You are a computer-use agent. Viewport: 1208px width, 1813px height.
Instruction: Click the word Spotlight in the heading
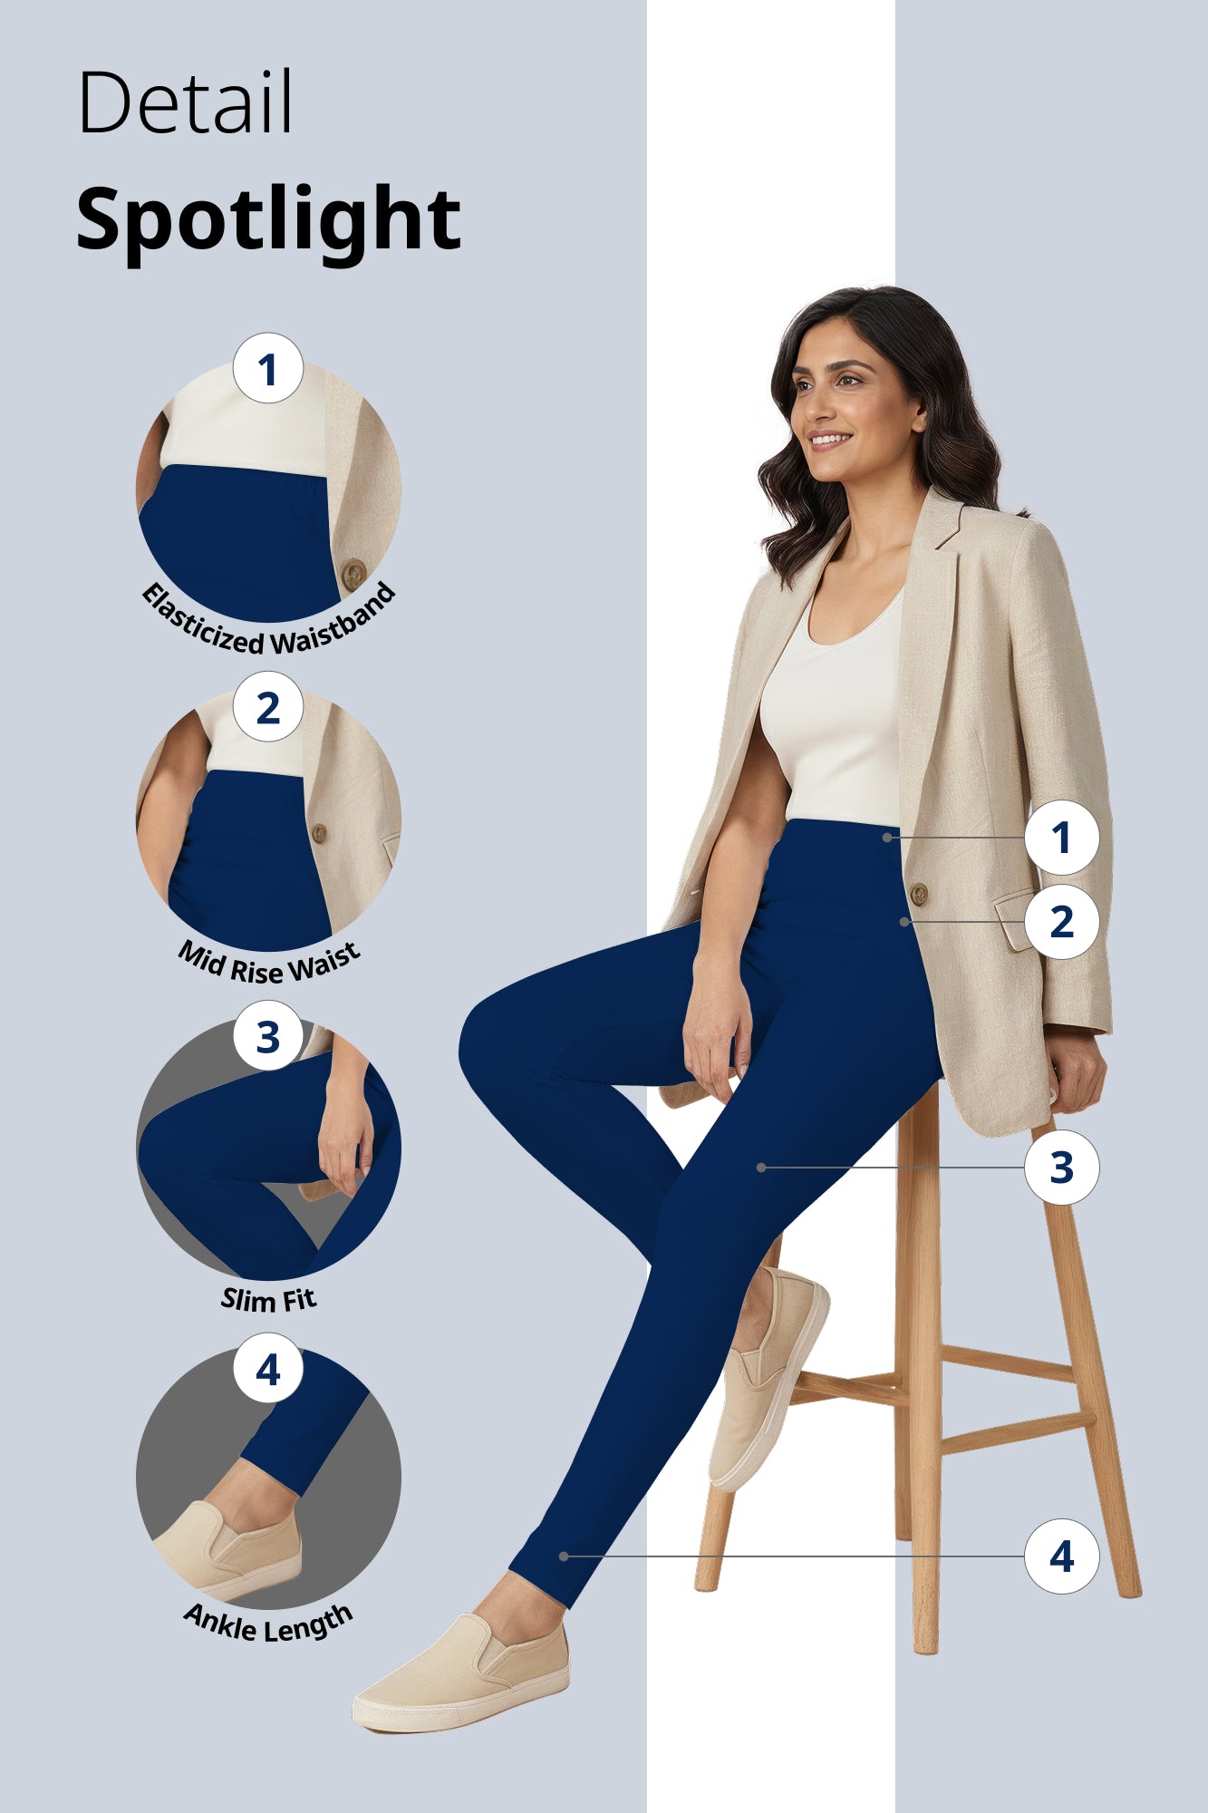pyautogui.click(x=268, y=220)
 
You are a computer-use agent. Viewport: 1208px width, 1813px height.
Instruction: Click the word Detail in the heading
pyautogui.click(x=185, y=102)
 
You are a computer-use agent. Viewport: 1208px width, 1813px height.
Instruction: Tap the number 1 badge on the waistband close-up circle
pyautogui.click(x=267, y=369)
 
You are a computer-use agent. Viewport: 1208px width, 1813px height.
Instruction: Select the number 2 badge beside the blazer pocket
pyautogui.click(x=1061, y=922)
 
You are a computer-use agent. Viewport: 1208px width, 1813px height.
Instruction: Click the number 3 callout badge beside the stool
pyautogui.click(x=1061, y=1168)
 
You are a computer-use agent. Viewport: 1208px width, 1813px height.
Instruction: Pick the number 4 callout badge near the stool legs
pyautogui.click(x=1061, y=1556)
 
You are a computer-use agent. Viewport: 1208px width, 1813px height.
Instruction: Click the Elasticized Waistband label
pyautogui.click(x=269, y=625)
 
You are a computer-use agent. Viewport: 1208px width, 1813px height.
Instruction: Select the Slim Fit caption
pyautogui.click(x=268, y=1300)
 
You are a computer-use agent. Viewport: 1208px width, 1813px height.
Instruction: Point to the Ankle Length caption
pyautogui.click(x=268, y=1624)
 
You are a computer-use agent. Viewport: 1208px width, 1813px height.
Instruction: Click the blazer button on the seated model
pyautogui.click(x=918, y=894)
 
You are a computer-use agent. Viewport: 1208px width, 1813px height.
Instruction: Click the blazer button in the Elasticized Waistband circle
pyautogui.click(x=353, y=573)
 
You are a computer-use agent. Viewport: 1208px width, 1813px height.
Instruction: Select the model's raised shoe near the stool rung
pyautogui.click(x=767, y=1378)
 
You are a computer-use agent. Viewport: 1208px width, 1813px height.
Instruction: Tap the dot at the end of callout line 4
pyautogui.click(x=564, y=1556)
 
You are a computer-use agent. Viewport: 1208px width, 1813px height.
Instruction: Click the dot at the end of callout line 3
pyautogui.click(x=761, y=1168)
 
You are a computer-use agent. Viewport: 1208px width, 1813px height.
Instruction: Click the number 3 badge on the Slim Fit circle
pyautogui.click(x=267, y=1036)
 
